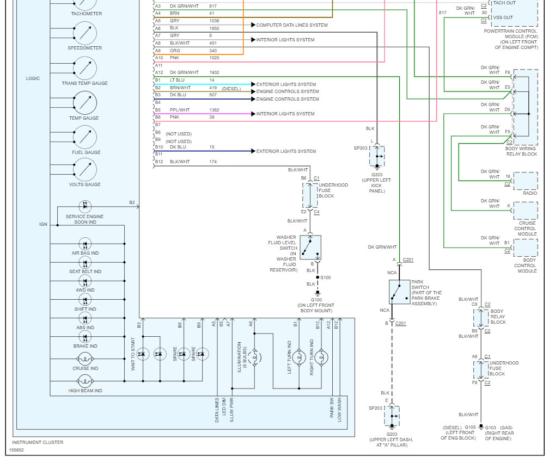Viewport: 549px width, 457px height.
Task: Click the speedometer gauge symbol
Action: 85,33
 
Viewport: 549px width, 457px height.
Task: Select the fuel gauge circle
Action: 85,137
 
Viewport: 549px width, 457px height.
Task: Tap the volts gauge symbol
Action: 85,170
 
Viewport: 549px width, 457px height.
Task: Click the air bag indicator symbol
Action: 85,244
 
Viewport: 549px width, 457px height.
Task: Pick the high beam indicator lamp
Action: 85,381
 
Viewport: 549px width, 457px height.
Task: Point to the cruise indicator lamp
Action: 85,359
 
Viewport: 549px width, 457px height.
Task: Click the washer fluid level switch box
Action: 310,247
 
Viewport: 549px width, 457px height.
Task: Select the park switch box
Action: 400,292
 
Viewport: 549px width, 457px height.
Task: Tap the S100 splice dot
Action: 318,277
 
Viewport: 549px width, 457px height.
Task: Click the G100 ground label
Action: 316,300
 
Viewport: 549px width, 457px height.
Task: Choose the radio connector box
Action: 526,181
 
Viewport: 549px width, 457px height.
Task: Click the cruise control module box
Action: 526,211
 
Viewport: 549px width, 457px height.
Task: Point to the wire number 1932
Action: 214,72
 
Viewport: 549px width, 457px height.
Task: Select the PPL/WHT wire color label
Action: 180,110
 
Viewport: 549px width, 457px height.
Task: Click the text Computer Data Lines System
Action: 292,25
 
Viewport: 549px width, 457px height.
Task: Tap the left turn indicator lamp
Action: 298,357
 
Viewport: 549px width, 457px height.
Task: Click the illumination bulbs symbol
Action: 254,357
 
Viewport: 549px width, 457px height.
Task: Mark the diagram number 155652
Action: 16,450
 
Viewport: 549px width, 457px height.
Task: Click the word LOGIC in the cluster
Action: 33,78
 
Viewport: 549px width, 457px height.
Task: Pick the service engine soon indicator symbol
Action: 85,206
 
